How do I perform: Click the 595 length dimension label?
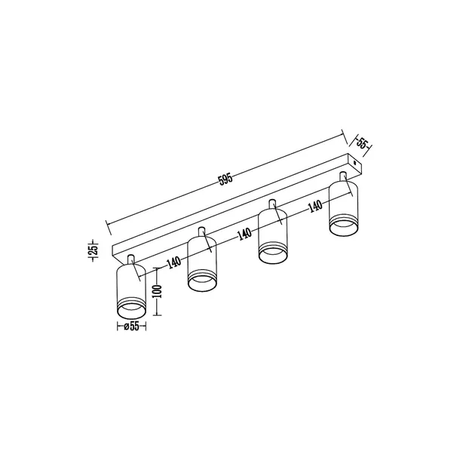[225, 179]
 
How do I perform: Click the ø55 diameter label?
[131, 327]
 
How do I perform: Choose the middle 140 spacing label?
[244, 234]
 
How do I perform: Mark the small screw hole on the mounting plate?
[354, 161]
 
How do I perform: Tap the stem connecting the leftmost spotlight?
[132, 260]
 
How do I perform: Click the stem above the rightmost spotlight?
[344, 176]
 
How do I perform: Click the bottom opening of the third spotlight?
[273, 254]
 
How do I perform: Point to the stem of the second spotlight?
[202, 230]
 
